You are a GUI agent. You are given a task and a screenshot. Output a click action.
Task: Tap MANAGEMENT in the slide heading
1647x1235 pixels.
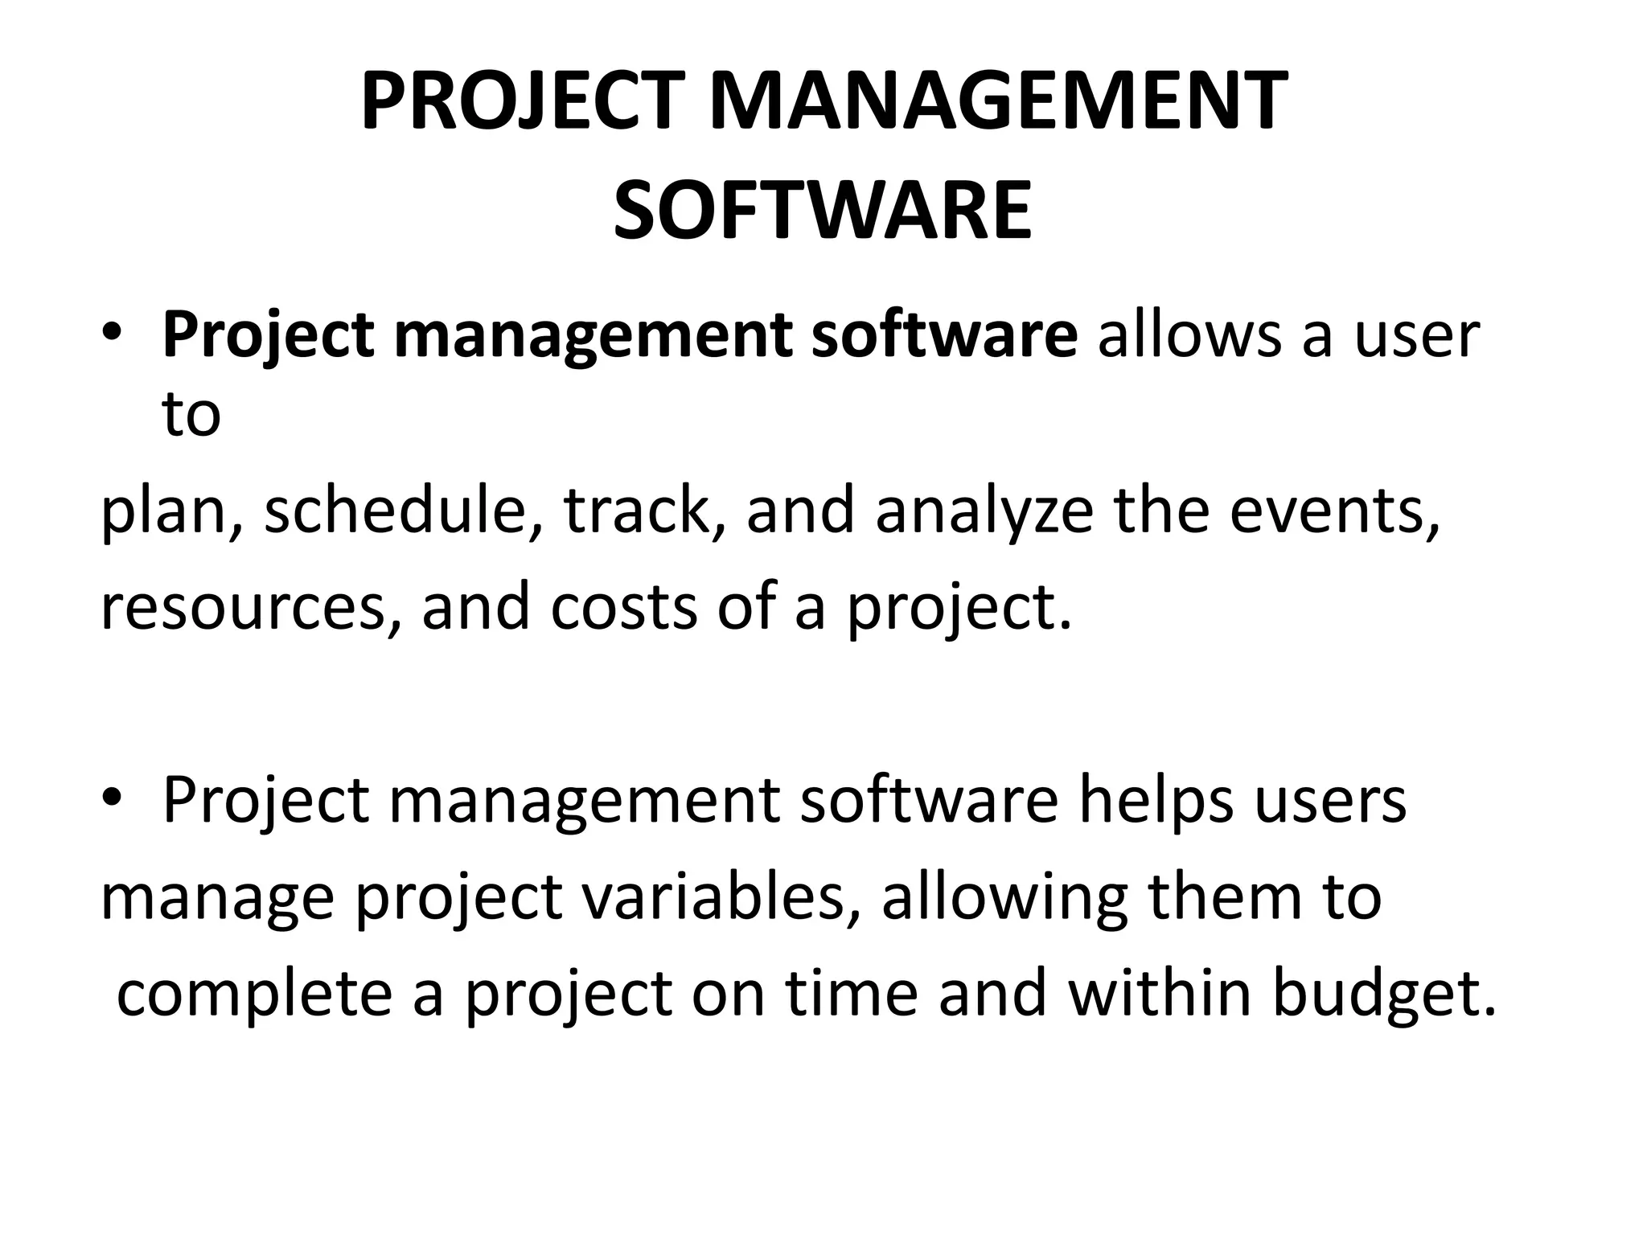pyautogui.click(x=998, y=102)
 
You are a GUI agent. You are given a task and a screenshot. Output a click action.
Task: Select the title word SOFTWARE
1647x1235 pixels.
pyautogui.click(x=823, y=211)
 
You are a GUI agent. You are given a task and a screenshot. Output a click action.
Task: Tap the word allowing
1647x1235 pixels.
pyautogui.click(x=1004, y=898)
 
